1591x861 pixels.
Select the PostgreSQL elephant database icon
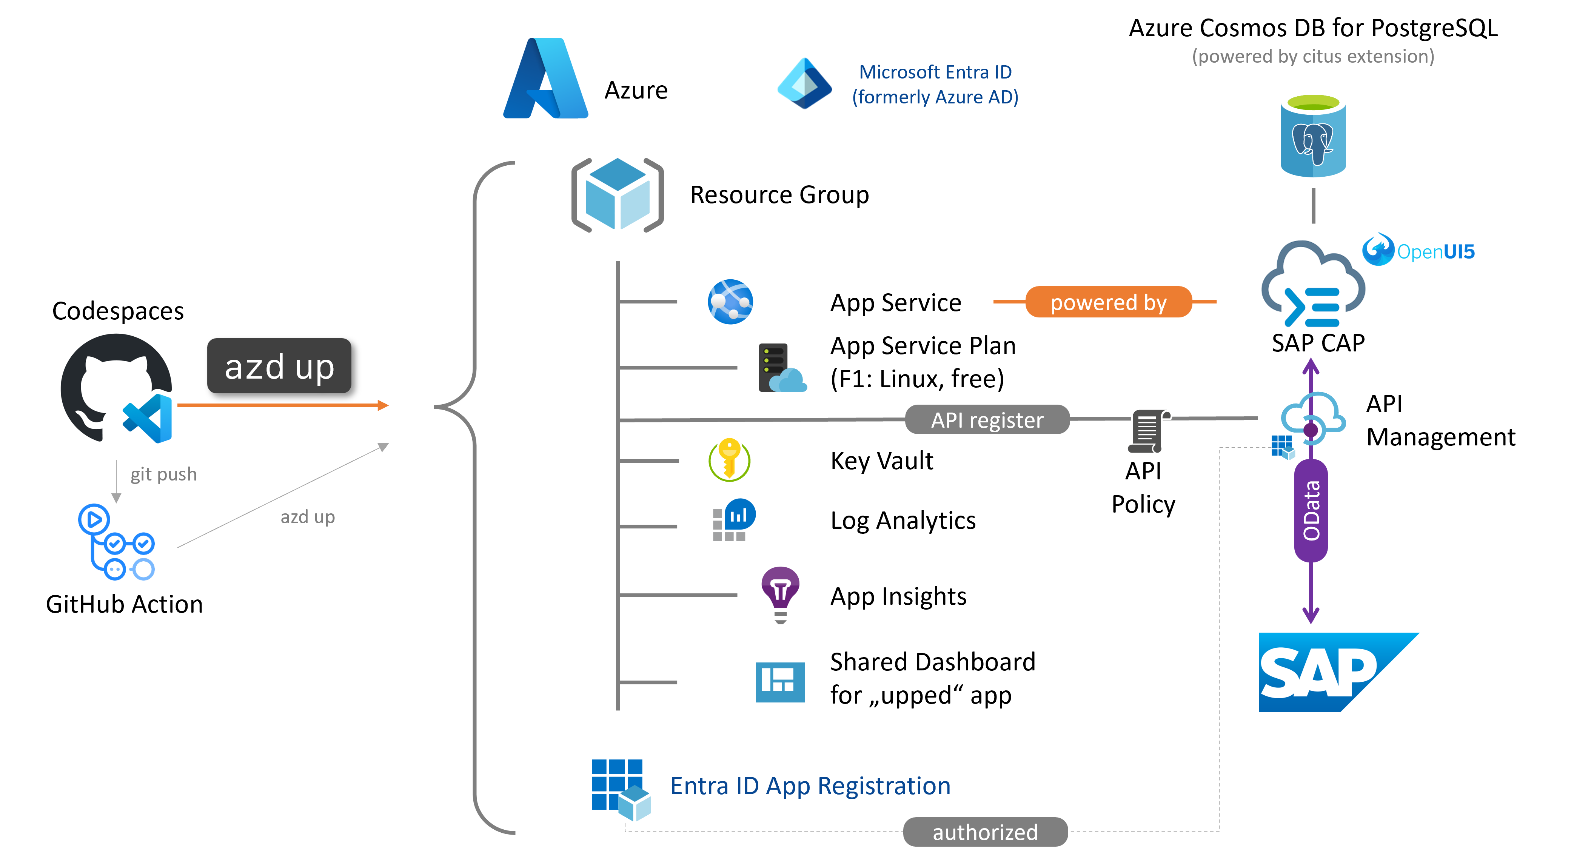1313,136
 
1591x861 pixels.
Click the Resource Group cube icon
617,194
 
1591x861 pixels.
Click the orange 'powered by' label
1109,302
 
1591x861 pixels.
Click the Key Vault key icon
729,460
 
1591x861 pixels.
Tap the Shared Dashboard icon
780,682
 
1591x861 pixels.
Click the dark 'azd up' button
279,366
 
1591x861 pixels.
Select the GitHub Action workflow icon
116,542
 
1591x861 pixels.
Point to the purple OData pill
1311,511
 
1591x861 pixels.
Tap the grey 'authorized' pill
985,832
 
